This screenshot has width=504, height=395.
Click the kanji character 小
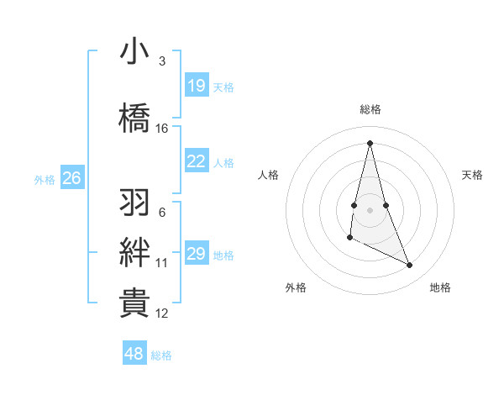click(x=134, y=52)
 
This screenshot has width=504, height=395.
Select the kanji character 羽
click(x=134, y=203)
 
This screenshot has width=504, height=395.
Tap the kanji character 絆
click(x=134, y=253)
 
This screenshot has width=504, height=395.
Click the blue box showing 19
click(x=197, y=86)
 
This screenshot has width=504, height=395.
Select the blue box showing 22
click(x=197, y=161)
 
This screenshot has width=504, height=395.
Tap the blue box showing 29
click(x=197, y=254)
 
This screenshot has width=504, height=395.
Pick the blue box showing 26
click(x=72, y=178)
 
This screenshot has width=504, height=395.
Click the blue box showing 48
click(x=134, y=354)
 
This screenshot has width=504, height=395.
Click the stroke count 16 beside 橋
click(x=162, y=129)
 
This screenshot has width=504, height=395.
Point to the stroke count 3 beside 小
click(x=162, y=61)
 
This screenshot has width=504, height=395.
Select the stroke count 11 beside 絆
click(x=162, y=263)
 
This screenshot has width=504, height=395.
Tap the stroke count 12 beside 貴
click(x=162, y=313)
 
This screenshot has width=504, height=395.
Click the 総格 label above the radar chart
click(x=370, y=109)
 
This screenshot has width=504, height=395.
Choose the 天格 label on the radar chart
click(x=473, y=175)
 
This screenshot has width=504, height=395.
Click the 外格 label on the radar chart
click(x=296, y=287)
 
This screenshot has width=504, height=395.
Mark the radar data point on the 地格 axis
click(x=410, y=266)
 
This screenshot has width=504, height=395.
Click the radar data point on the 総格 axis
click(x=370, y=143)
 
